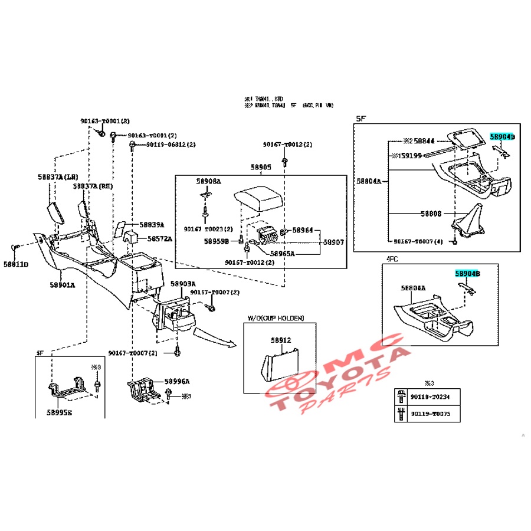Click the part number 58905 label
pyautogui.click(x=260, y=168)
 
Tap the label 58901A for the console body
pyautogui.click(x=62, y=284)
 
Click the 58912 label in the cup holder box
pyautogui.click(x=281, y=340)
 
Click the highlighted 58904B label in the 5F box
pyautogui.click(x=502, y=136)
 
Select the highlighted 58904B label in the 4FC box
pyautogui.click(x=467, y=274)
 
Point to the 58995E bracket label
pyautogui.click(x=60, y=412)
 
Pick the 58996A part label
pyautogui.click(x=177, y=381)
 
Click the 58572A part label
pyautogui.click(x=159, y=239)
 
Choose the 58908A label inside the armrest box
pyautogui.click(x=209, y=181)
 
